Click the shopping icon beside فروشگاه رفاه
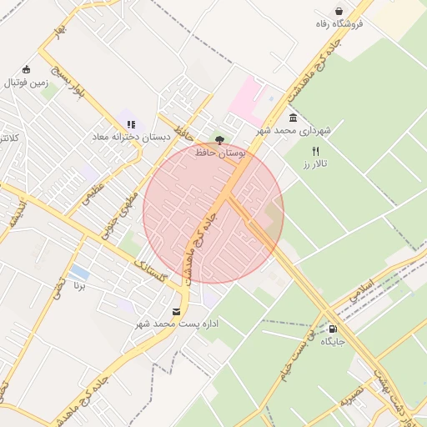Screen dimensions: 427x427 339,11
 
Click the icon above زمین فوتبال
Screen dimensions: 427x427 28,69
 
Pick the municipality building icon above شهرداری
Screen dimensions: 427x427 293,118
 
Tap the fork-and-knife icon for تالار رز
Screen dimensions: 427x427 315,151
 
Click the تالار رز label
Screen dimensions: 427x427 316,164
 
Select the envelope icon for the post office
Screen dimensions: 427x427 176,310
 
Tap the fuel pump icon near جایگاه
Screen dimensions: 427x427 334,329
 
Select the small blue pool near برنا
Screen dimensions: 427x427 79,273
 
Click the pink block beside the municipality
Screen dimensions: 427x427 245,100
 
